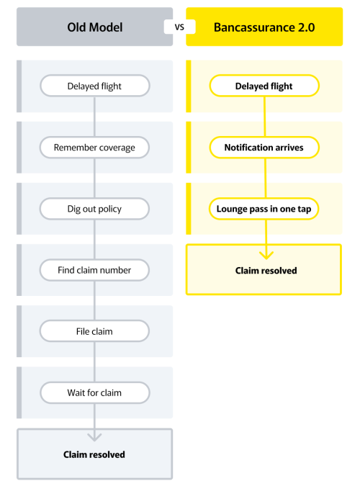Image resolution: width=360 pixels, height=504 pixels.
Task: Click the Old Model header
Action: pos(94,27)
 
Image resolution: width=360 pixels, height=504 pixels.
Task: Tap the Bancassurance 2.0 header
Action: pos(264,27)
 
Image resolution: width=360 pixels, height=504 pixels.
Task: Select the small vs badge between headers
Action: pos(179,27)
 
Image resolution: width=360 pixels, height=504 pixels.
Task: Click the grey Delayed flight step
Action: pos(95,86)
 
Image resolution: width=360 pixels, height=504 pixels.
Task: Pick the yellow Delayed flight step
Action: pos(264,86)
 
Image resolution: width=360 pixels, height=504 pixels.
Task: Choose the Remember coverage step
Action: pos(94,147)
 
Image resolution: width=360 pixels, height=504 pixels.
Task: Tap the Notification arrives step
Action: pos(264,147)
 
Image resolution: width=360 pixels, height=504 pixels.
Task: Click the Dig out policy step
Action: pos(94,209)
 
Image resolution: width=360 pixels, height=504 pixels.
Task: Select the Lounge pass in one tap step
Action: pos(264,209)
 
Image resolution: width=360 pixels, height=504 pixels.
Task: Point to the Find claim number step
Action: pos(94,270)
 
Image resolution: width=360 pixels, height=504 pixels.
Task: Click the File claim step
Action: pos(94,331)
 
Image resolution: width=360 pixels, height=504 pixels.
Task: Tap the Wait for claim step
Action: pos(95,392)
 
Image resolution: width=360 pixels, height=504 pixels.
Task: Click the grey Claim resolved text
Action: pos(94,454)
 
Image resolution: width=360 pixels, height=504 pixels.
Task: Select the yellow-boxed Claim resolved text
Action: pos(266,271)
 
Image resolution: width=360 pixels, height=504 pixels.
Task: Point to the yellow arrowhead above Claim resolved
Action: pos(266,255)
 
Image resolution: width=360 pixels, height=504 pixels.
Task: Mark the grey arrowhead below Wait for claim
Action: pos(94,437)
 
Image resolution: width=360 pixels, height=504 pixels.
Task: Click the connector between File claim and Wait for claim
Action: pos(94,361)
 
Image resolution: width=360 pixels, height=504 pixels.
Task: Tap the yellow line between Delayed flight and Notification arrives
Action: pos(264,117)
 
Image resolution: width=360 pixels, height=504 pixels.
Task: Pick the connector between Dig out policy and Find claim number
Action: pos(94,240)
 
